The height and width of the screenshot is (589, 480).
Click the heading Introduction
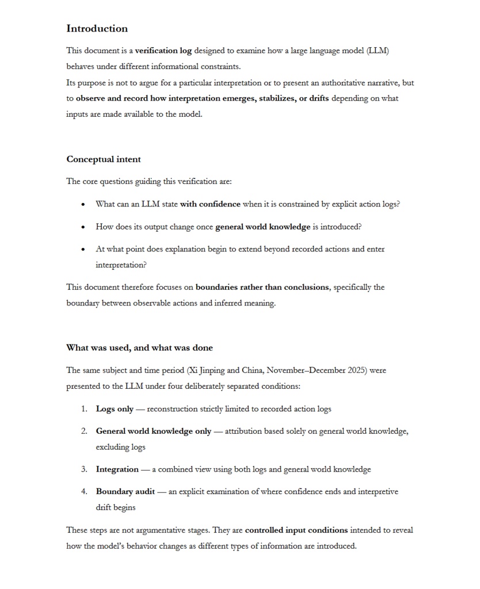[x=97, y=29]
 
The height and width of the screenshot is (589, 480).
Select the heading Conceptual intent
[x=104, y=159]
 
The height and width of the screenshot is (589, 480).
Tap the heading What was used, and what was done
[x=139, y=347]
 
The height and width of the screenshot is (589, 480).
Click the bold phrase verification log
[x=163, y=51]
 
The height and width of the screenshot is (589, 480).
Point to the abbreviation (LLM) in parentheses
[x=378, y=51]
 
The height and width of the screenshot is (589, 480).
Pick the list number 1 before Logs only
[x=83, y=409]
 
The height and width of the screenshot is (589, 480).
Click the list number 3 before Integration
[x=83, y=469]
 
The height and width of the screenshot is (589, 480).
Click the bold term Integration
[x=117, y=469]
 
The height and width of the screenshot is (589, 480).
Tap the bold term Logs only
[x=115, y=409]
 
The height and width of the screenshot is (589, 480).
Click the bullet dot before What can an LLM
[x=83, y=204]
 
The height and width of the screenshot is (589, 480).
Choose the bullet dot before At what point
[x=83, y=250]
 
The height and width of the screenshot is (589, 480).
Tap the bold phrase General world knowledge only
[x=154, y=431]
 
